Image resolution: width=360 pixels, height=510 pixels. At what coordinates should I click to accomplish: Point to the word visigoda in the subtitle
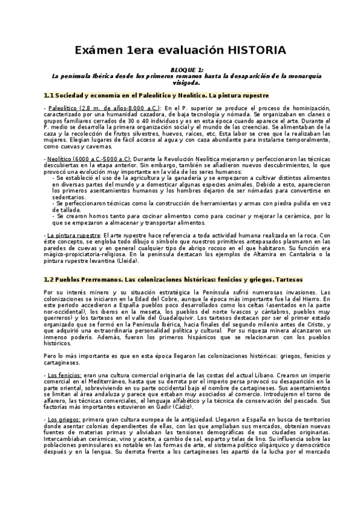click(x=179, y=83)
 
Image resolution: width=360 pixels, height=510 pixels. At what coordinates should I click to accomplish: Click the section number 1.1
click(x=49, y=96)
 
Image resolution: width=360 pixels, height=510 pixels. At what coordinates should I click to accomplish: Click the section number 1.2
click(x=49, y=280)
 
